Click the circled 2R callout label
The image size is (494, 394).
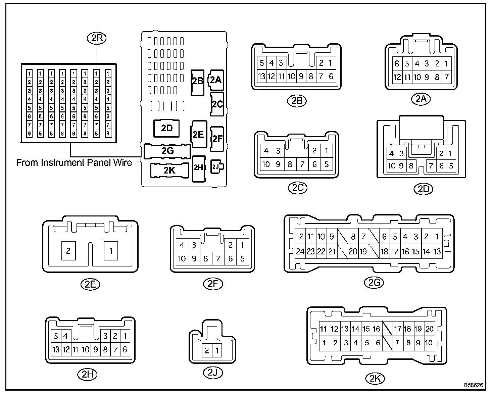click(x=97, y=38)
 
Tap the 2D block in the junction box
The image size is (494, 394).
click(x=166, y=129)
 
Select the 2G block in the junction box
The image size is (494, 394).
click(x=167, y=151)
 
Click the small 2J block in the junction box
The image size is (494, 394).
click(x=217, y=166)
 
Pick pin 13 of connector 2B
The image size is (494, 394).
click(x=262, y=76)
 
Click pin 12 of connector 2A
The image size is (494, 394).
click(x=397, y=78)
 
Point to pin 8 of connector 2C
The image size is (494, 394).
click(x=290, y=164)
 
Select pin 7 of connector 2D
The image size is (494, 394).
click(x=432, y=166)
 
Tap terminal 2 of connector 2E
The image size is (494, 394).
click(x=68, y=251)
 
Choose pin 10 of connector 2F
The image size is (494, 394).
click(x=182, y=258)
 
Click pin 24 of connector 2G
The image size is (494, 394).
click(x=300, y=251)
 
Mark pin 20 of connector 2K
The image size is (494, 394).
click(x=429, y=329)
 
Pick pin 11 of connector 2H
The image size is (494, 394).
click(x=76, y=350)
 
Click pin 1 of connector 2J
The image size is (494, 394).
click(x=217, y=351)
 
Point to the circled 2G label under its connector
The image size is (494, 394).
click(x=374, y=283)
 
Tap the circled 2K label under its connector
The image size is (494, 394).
click(x=375, y=379)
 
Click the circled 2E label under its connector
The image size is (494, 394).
click(x=91, y=284)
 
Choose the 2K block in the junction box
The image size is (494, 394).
click(x=169, y=170)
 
